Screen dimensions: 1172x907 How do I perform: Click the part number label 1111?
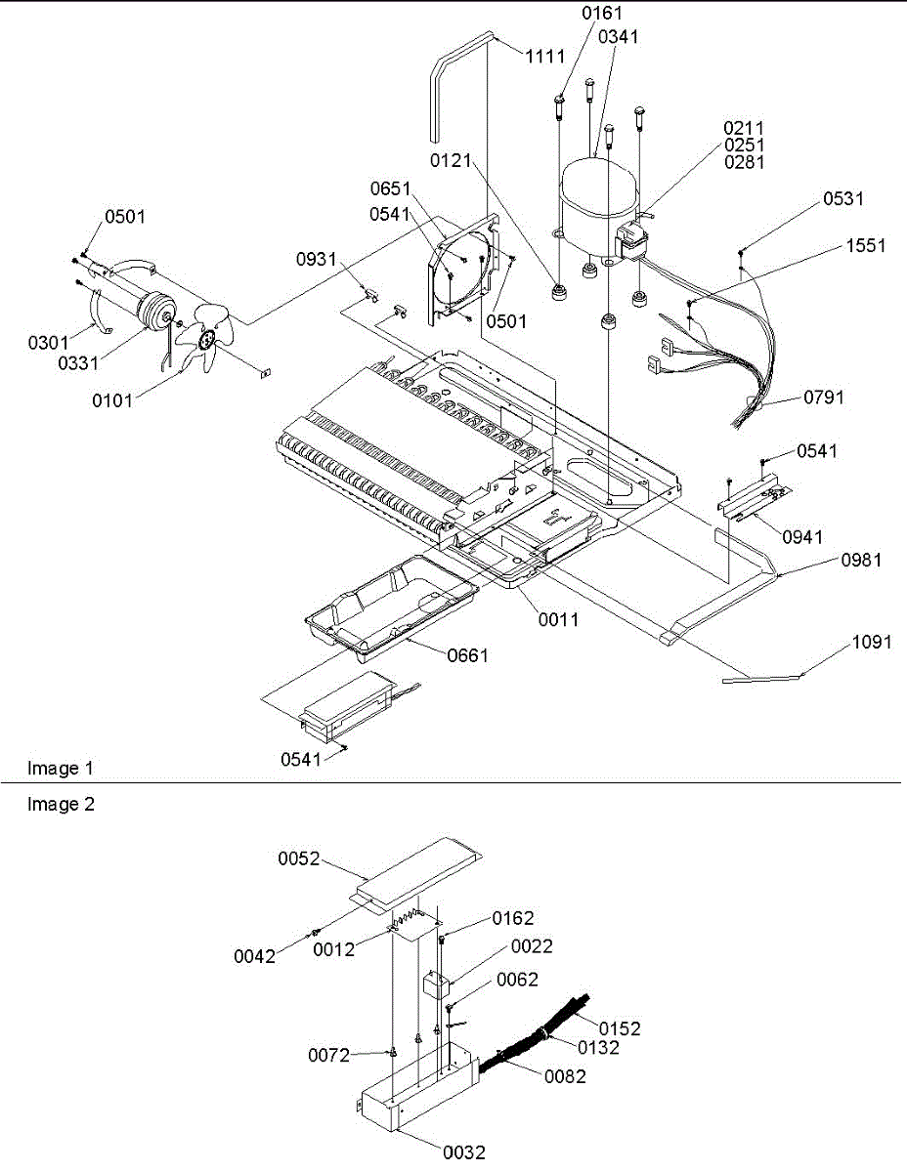click(x=545, y=57)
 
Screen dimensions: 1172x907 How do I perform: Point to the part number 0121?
click(x=451, y=155)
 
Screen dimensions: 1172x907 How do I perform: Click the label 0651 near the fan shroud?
click(x=390, y=188)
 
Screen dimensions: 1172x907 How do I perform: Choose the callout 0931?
click(x=318, y=260)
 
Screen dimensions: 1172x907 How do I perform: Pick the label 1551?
click(x=866, y=246)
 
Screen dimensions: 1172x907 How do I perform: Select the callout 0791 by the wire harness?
click(x=824, y=397)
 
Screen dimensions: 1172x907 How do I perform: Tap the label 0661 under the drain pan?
click(x=467, y=655)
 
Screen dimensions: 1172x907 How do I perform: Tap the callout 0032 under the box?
click(x=464, y=1152)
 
